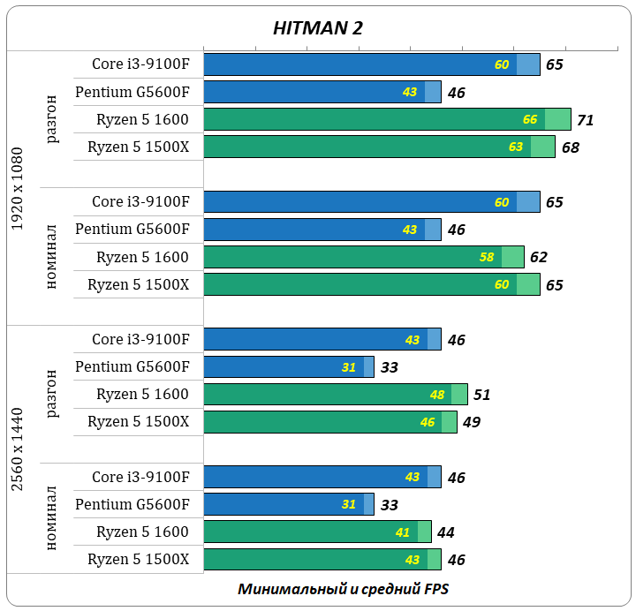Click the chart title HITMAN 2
317,28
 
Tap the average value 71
585,120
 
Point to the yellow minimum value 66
530,119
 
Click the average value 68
570,147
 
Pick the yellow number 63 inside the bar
516,147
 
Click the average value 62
539,258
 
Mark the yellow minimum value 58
487,257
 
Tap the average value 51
481,395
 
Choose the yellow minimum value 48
436,394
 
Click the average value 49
471,422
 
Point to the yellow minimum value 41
403,532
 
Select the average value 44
445,532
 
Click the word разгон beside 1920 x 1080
52,119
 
